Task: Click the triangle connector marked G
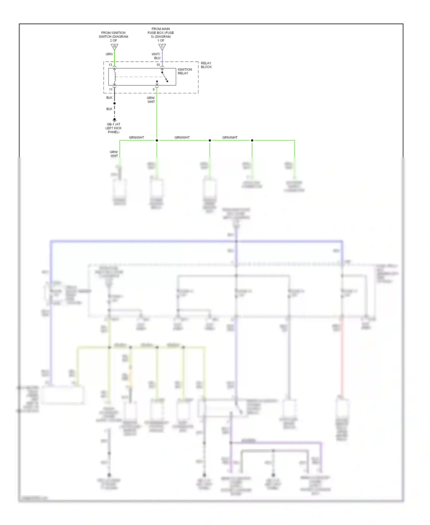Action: pos(114,47)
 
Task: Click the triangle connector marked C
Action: pos(162,47)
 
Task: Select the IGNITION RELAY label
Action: pos(185,71)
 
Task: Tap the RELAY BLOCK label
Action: pos(206,65)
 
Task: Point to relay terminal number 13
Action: pos(110,65)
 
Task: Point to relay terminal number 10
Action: pos(158,65)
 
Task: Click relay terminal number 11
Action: pos(111,90)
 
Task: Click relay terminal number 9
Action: pos(154,90)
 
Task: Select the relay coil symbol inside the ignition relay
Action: pos(115,77)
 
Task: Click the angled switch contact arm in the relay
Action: pos(165,77)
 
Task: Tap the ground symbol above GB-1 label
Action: pos(114,120)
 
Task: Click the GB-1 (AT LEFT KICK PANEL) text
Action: pos(114,128)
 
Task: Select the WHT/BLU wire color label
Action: pos(156,56)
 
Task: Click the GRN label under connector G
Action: pos(109,54)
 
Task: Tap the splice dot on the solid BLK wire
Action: pos(114,103)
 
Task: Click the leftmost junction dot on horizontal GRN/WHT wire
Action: pos(157,140)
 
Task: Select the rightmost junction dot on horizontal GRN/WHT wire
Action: pos(252,140)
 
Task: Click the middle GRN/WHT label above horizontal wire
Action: pos(182,138)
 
